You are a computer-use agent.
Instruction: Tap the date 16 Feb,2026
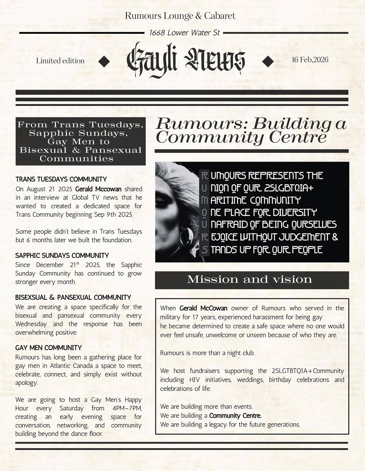(310, 60)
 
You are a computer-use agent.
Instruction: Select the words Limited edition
(60, 61)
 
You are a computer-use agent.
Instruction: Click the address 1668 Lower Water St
(184, 33)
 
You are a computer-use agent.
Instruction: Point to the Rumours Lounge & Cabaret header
(180, 16)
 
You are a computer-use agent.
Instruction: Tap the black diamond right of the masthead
(268, 61)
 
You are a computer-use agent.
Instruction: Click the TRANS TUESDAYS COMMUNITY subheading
(61, 179)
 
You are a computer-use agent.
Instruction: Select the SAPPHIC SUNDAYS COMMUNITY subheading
(62, 255)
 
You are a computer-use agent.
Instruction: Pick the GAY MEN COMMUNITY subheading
(48, 348)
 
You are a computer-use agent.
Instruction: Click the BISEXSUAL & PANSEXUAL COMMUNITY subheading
(73, 297)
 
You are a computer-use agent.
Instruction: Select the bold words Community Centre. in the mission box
(235, 416)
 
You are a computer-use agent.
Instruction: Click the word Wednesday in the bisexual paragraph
(31, 324)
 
